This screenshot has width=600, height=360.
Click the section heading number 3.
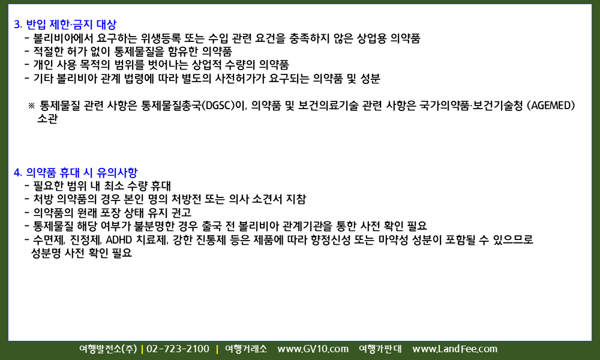point(17,25)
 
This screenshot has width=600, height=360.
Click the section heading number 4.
point(17,173)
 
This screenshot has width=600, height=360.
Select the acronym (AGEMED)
point(551,105)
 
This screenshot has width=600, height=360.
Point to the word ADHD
point(119,240)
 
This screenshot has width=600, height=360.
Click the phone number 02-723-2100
point(178,349)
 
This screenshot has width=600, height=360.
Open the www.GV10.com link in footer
point(313,349)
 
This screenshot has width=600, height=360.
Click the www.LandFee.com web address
point(455,349)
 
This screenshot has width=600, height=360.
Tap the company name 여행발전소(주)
point(108,349)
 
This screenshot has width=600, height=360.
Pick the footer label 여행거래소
point(245,349)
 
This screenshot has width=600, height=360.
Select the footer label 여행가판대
point(380,349)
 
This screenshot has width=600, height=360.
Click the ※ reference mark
point(31,106)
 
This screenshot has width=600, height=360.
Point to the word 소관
point(47,119)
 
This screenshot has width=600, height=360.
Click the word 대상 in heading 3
point(106,25)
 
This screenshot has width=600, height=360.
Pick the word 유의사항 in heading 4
point(117,173)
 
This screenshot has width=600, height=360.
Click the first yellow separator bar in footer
point(142,349)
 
